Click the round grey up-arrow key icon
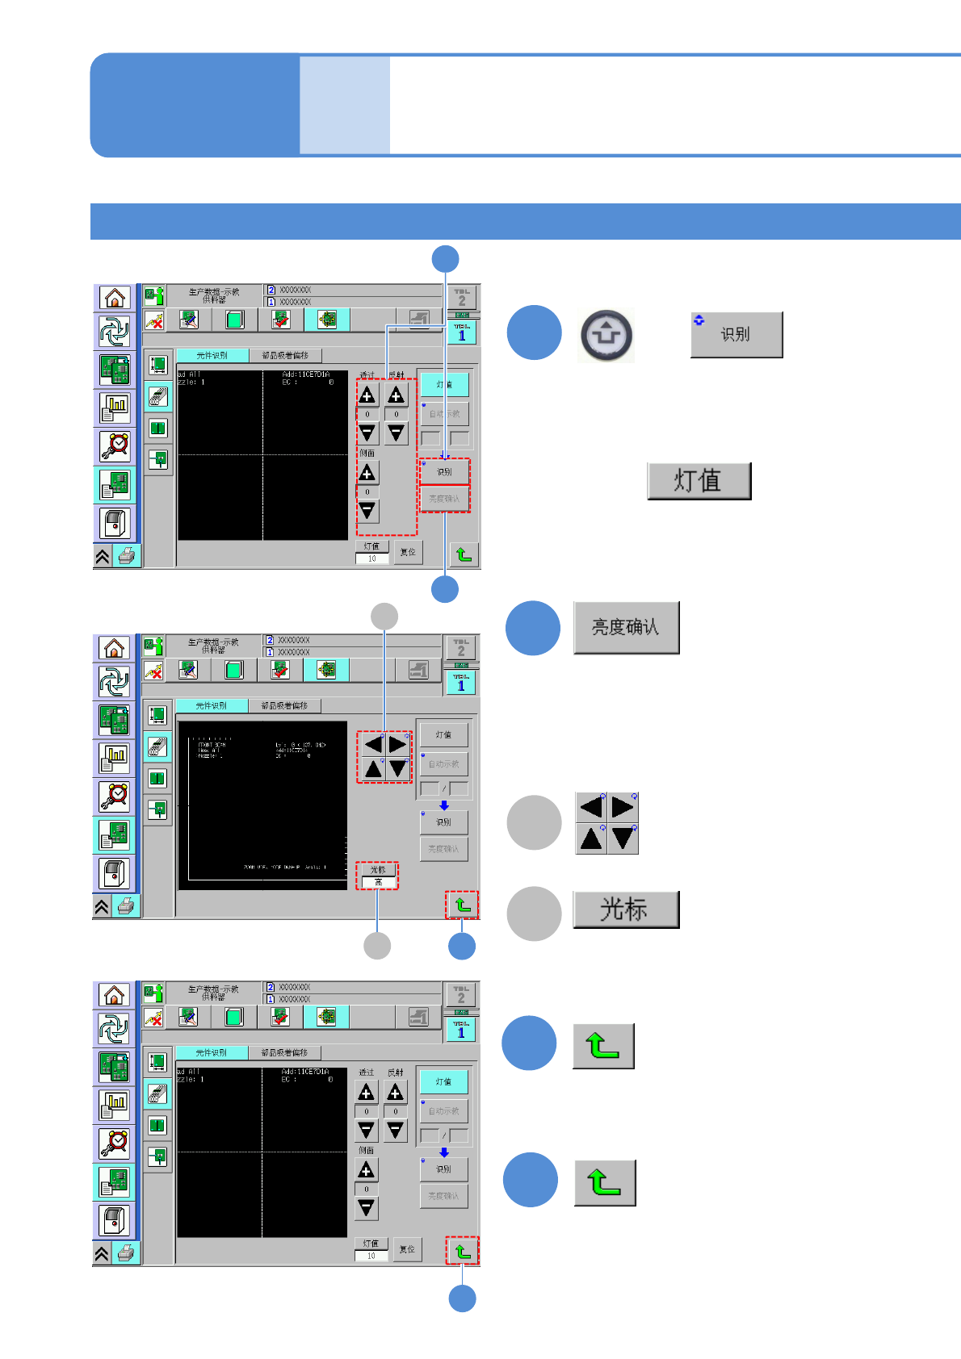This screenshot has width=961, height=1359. tap(606, 335)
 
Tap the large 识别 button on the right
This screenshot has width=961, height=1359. tap(736, 334)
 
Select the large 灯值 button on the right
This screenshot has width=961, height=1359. tap(699, 481)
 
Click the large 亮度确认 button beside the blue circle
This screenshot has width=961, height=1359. tap(626, 627)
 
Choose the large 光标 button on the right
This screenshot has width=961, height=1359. tap(625, 909)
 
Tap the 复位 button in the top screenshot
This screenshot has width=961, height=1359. tap(408, 552)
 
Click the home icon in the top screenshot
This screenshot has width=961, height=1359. tap(115, 298)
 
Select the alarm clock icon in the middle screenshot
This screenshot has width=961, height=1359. tap(115, 796)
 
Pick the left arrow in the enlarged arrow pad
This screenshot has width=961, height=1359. tap(591, 807)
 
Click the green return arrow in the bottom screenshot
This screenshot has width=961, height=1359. tap(463, 1251)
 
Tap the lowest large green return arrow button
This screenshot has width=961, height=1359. tap(605, 1182)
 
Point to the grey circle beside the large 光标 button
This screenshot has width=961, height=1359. tap(534, 914)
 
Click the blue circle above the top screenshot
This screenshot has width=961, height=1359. tap(445, 259)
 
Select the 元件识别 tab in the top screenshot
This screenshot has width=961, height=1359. tap(212, 355)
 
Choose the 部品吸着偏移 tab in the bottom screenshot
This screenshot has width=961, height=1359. tap(284, 1052)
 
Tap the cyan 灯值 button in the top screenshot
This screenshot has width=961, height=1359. tap(444, 384)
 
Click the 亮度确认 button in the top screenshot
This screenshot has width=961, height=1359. tap(444, 499)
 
